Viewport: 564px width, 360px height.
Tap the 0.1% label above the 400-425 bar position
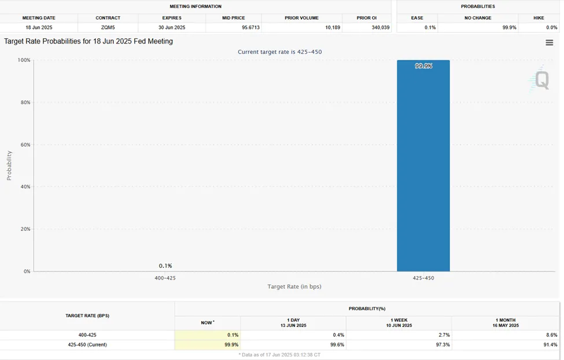pyautogui.click(x=165, y=266)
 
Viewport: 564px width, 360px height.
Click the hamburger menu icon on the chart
pyautogui.click(x=549, y=42)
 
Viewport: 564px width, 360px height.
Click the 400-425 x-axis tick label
pyautogui.click(x=165, y=278)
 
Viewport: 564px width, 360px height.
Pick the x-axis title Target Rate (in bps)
pyautogui.click(x=294, y=286)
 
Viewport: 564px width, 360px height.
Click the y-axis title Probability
pyautogui.click(x=9, y=166)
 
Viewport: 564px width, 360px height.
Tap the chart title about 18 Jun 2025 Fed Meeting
pyautogui.click(x=89, y=42)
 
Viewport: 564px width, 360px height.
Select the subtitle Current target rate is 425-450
pyautogui.click(x=279, y=52)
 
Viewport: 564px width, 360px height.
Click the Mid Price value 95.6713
pyautogui.click(x=233, y=27)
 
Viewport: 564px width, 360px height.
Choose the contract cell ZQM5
pyautogui.click(x=108, y=27)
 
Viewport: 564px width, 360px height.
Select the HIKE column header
pyautogui.click(x=539, y=18)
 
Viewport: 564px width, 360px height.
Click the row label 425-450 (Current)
pyautogui.click(x=87, y=344)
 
